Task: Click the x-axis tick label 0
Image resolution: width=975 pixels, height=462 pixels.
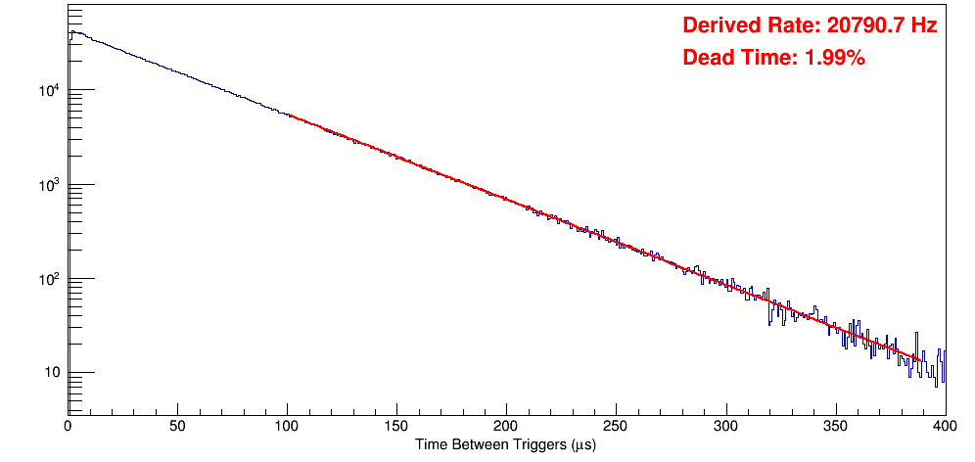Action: pyautogui.click(x=68, y=427)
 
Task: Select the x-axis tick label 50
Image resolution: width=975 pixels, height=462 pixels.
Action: pyautogui.click(x=177, y=427)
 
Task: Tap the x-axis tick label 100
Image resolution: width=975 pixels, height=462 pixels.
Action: pyautogui.click(x=287, y=427)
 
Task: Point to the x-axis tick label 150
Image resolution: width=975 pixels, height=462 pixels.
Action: pyautogui.click(x=396, y=427)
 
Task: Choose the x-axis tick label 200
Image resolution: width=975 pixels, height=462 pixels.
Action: pyautogui.click(x=506, y=427)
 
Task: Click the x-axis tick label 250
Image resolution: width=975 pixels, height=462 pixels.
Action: pyautogui.click(x=616, y=427)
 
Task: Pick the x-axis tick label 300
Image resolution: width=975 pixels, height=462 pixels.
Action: pyautogui.click(x=725, y=427)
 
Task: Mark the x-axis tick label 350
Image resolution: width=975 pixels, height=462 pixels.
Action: pyautogui.click(x=835, y=427)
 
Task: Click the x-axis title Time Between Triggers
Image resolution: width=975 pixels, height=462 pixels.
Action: pyautogui.click(x=505, y=444)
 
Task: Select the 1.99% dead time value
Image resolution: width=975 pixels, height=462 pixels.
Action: pyautogui.click(x=834, y=58)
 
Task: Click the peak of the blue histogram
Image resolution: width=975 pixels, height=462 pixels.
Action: pyautogui.click(x=71, y=31)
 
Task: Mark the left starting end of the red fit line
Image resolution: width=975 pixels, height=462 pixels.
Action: pyautogui.click(x=290, y=115)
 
